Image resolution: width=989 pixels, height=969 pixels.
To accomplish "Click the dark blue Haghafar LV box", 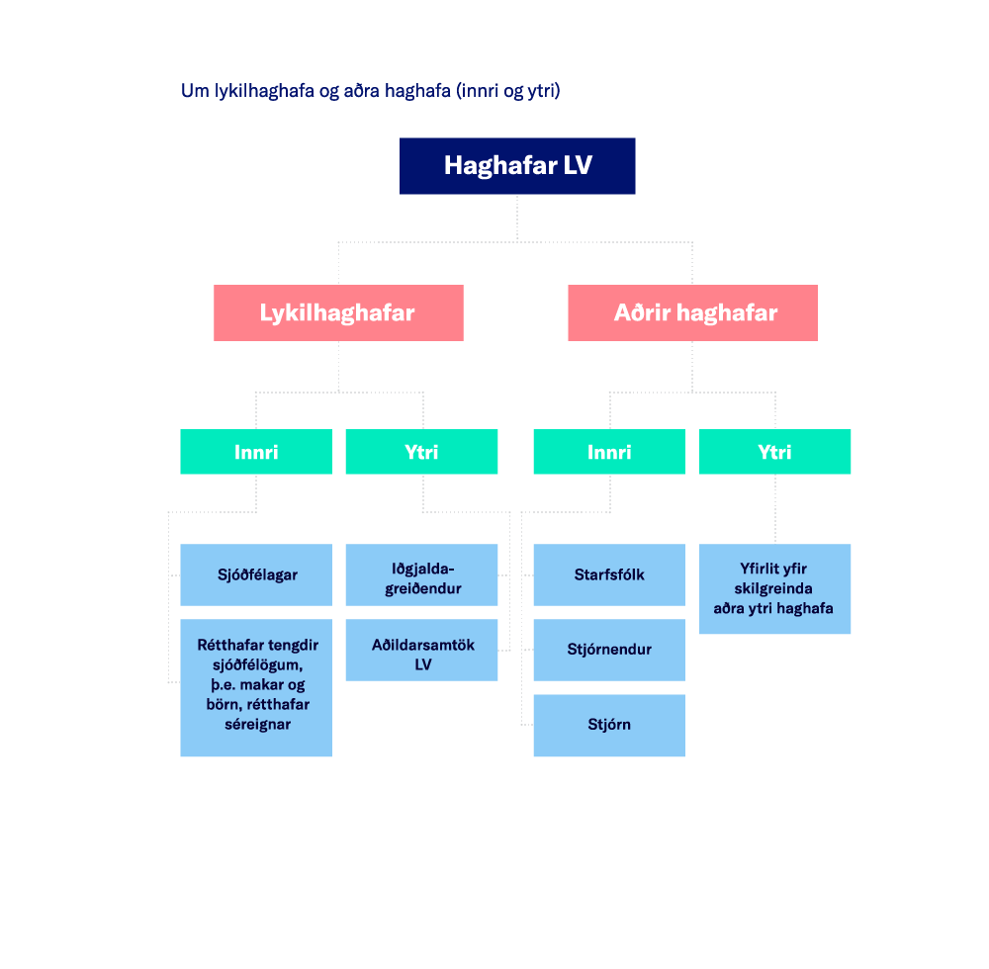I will pyautogui.click(x=517, y=166).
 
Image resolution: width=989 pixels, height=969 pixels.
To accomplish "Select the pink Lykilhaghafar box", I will pyautogui.click(x=338, y=313).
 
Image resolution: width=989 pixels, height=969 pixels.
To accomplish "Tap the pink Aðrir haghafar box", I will pyautogui.click(x=692, y=313).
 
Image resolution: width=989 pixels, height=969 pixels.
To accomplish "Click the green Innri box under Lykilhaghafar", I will pyautogui.click(x=256, y=452).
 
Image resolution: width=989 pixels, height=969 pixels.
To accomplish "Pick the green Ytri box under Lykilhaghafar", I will pyautogui.click(x=421, y=452).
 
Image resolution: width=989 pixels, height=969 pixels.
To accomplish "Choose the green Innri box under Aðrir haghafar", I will pyautogui.click(x=609, y=452).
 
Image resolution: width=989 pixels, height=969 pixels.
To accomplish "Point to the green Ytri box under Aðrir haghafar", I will pyautogui.click(x=775, y=452).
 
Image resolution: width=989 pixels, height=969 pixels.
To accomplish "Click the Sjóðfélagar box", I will pyautogui.click(x=256, y=574).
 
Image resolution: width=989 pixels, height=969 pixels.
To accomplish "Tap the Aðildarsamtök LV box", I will pyautogui.click(x=421, y=655).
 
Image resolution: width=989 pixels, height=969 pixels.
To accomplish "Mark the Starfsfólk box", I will pyautogui.click(x=609, y=574).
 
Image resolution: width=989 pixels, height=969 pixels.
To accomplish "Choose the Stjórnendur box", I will pyautogui.click(x=609, y=650).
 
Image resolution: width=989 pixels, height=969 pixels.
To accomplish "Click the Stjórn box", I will pyautogui.click(x=609, y=725).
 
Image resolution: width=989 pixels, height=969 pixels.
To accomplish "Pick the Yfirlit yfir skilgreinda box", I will pyautogui.click(x=775, y=588).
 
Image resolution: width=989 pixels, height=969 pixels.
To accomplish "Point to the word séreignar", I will pyautogui.click(x=257, y=725).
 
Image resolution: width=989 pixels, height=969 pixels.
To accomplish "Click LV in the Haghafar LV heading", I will pyautogui.click(x=578, y=165).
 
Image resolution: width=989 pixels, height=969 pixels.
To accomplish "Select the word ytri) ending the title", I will pyautogui.click(x=544, y=91).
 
